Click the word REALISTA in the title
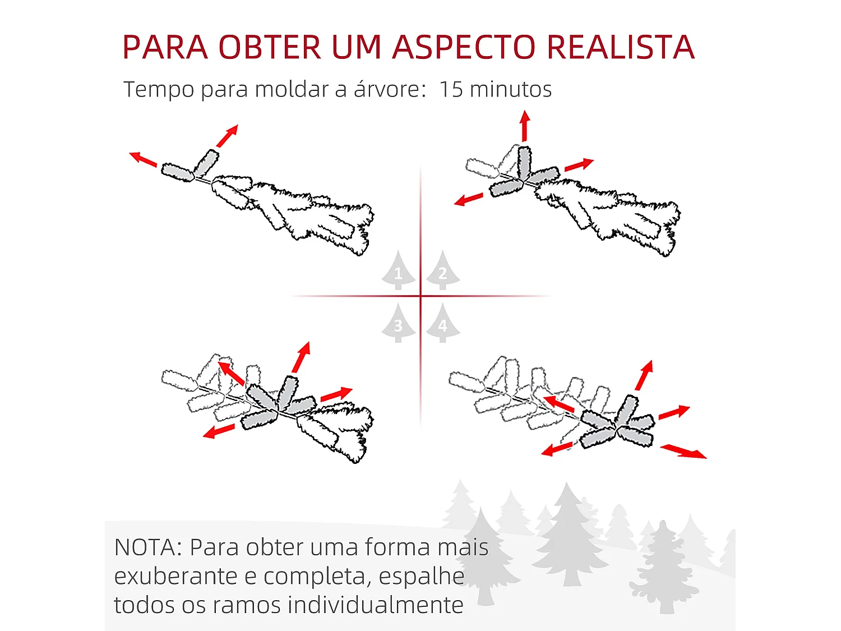point(620,47)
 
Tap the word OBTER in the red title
point(270,47)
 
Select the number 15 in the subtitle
point(451,89)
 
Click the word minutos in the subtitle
point(511,89)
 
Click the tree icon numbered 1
point(398,271)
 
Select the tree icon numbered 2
point(442,271)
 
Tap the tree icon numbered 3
point(398,324)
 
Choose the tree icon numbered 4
point(442,324)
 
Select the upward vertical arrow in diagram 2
point(525,126)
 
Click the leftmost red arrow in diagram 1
point(143,159)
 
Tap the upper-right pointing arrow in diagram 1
point(228,136)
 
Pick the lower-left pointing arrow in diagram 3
point(219,431)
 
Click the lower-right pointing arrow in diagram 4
point(683,452)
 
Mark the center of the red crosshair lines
point(420,296)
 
